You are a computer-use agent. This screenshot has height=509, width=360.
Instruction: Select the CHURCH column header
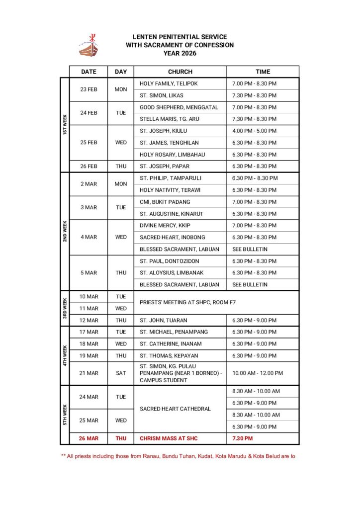(180, 72)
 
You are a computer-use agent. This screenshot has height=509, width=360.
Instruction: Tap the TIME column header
(263, 72)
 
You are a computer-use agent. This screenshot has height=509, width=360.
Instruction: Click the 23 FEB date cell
(89, 89)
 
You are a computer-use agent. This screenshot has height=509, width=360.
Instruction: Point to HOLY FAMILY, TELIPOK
(169, 84)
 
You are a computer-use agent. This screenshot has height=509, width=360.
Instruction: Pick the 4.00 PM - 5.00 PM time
(254, 131)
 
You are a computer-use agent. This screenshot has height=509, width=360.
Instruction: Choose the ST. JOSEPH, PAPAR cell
(164, 166)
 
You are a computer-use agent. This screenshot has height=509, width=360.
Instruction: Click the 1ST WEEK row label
(64, 125)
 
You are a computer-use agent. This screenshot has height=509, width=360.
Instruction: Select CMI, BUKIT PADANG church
(165, 202)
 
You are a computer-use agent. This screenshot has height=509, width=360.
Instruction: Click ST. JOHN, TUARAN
(163, 320)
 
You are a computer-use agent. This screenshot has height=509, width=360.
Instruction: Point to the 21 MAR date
(89, 373)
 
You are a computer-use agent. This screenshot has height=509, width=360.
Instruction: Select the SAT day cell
(121, 373)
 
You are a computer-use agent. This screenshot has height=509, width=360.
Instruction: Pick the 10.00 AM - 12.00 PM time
(258, 373)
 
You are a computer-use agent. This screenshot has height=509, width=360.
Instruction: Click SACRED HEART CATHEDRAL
(175, 409)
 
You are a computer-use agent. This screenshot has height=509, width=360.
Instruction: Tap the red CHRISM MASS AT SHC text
(172, 438)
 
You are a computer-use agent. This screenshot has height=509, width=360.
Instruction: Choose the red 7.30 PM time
(242, 438)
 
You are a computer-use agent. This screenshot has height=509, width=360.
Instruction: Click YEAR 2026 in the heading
(180, 53)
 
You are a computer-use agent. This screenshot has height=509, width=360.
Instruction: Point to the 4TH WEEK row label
(64, 355)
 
